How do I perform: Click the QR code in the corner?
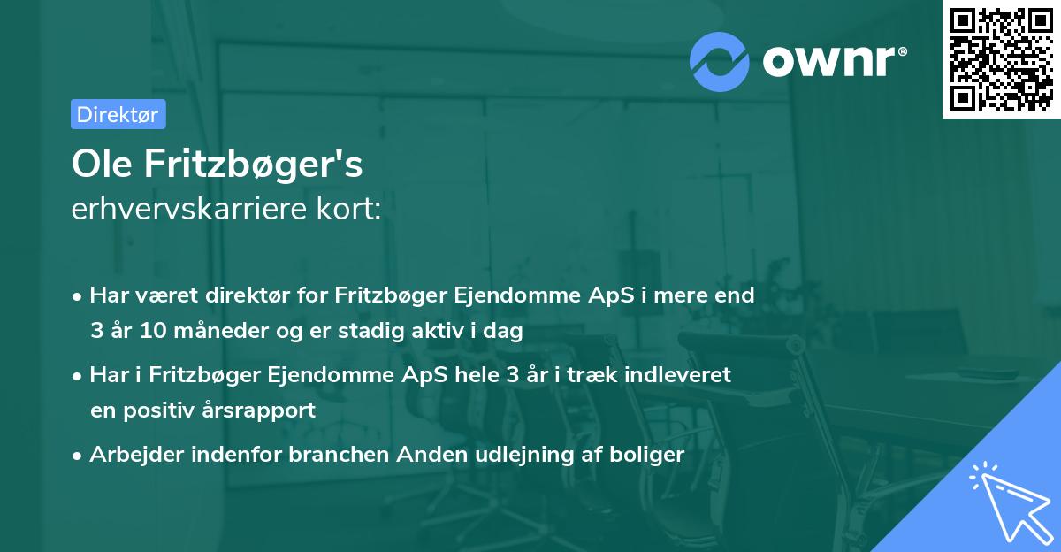click(x=1001, y=58)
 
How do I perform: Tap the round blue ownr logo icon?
click(x=720, y=60)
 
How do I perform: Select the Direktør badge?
click(x=118, y=113)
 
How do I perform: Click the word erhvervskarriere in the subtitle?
click(x=179, y=210)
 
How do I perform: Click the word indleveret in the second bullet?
click(x=682, y=375)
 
